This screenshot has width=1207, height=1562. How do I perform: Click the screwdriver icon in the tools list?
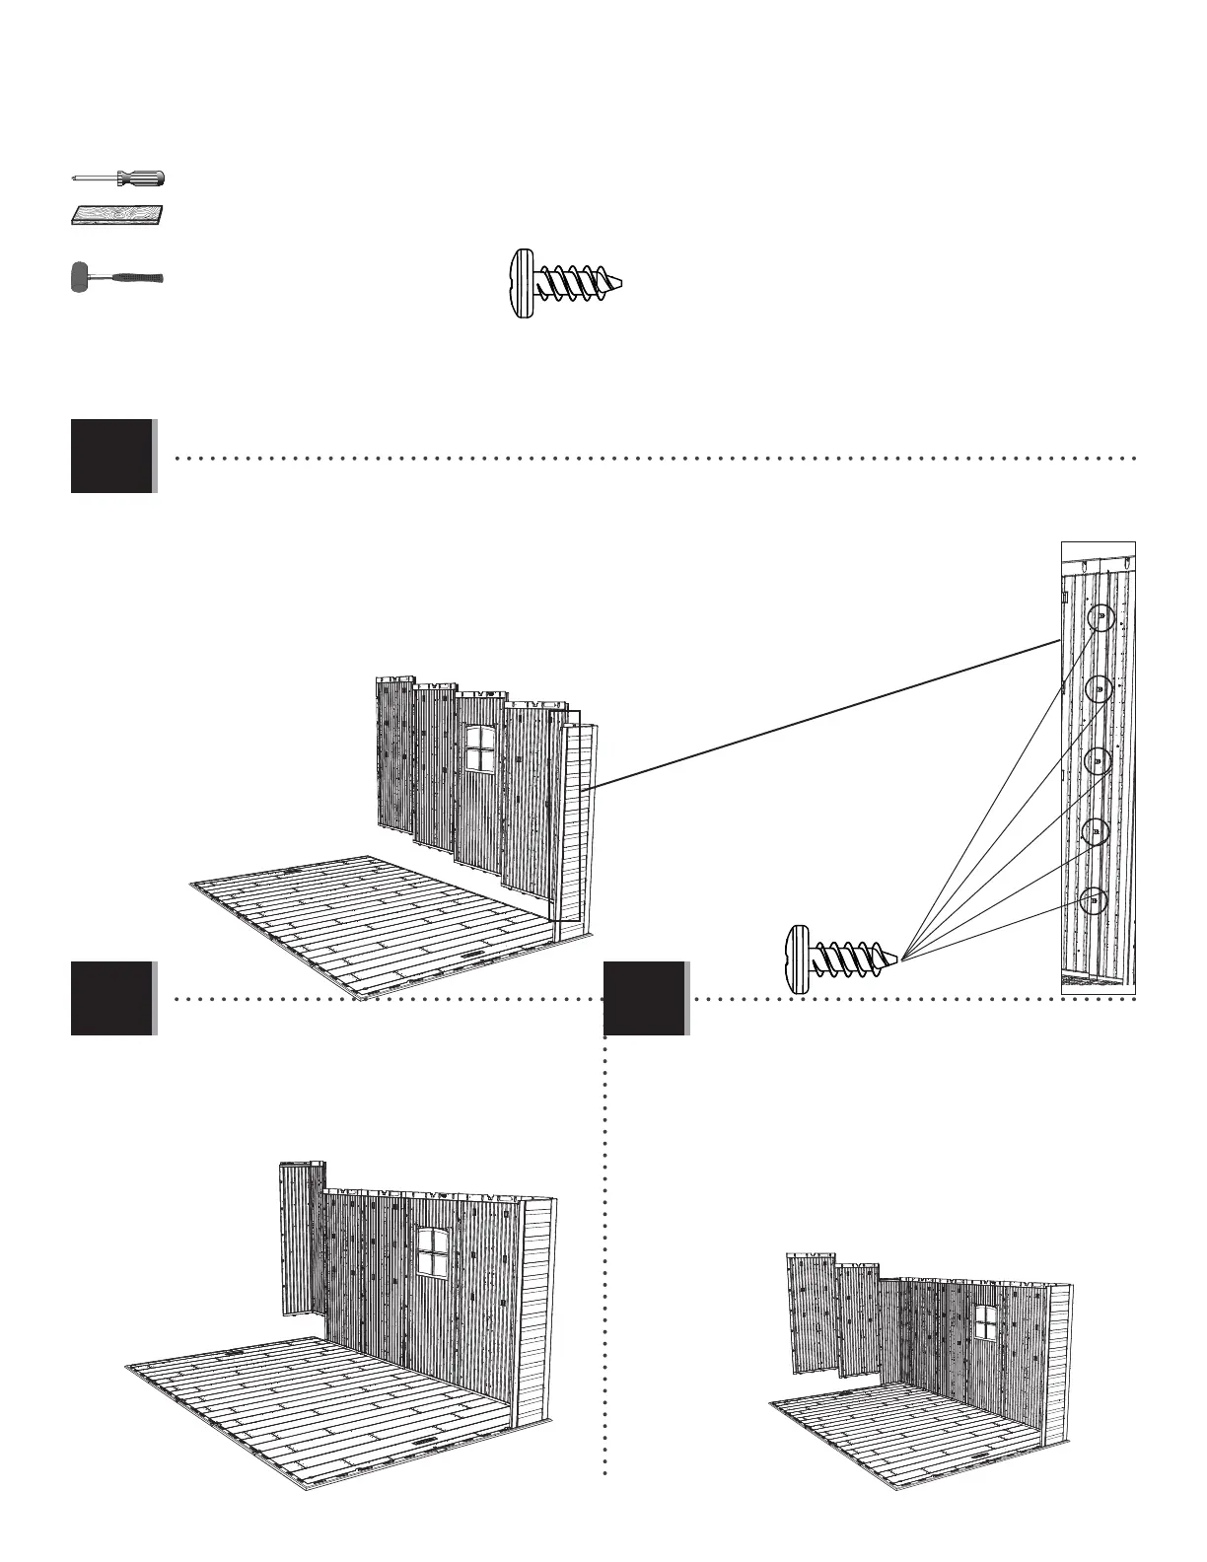pos(119,178)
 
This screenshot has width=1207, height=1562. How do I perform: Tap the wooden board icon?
pos(118,215)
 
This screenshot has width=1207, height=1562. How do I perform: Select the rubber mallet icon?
pos(116,278)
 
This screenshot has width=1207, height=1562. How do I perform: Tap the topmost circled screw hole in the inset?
pos(1100,618)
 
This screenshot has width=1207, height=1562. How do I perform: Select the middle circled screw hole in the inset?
pos(1098,761)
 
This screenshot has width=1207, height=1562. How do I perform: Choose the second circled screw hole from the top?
pos(1100,689)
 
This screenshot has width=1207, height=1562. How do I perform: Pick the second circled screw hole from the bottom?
pos(1096,832)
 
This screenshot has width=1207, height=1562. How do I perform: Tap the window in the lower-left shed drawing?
pos(431,1252)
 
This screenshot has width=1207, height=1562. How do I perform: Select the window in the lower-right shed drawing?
pos(985,1321)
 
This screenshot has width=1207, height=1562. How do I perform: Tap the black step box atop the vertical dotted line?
pos(644,998)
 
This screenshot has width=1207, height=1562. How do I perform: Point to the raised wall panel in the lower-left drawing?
pos(299,1238)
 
